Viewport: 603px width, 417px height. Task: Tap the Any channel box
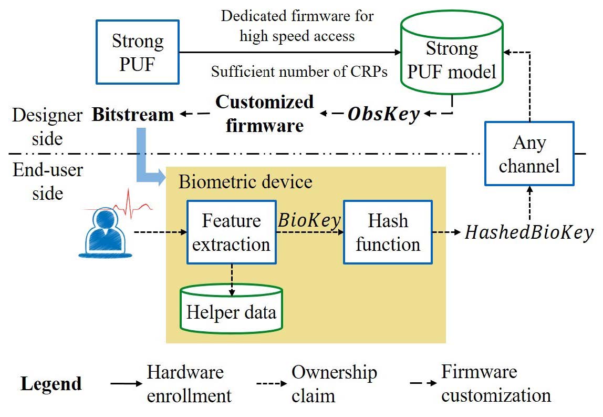click(529, 154)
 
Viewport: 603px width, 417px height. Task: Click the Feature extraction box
click(231, 232)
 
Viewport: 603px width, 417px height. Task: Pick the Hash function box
click(388, 232)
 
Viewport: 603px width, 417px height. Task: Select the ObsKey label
click(383, 114)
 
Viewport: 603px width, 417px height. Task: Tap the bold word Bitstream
click(132, 115)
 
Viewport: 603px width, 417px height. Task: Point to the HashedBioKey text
click(529, 232)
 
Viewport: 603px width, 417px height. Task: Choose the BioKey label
click(309, 220)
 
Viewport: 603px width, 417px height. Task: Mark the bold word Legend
click(51, 384)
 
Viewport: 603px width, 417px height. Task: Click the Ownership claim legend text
click(334, 384)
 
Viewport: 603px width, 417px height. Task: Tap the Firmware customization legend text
click(495, 384)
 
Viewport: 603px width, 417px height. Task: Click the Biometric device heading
click(245, 182)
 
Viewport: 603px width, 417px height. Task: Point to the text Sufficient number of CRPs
click(299, 72)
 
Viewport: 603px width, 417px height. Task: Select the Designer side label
click(47, 127)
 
